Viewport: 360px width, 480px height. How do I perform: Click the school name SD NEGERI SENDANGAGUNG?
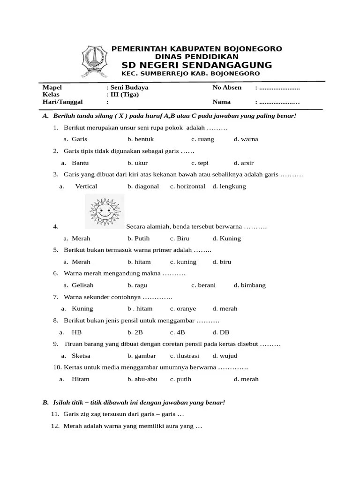click(196, 65)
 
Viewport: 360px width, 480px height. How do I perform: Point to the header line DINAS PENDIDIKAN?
click(196, 56)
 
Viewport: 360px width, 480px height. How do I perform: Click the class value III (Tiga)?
click(124, 94)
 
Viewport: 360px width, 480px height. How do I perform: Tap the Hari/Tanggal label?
click(62, 101)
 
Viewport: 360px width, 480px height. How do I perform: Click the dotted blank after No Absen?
click(279, 88)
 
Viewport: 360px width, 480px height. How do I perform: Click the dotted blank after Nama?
click(279, 101)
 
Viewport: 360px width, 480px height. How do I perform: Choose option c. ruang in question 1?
click(202, 139)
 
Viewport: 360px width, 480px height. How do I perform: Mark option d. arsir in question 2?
click(244, 163)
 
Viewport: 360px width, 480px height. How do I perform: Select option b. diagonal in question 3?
click(143, 187)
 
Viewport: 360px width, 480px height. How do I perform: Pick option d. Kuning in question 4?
click(226, 239)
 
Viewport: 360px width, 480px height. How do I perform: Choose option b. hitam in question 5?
click(139, 262)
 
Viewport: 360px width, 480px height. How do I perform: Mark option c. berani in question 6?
click(203, 285)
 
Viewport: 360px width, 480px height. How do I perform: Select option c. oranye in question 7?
click(183, 309)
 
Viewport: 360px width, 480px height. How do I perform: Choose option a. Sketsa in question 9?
click(79, 356)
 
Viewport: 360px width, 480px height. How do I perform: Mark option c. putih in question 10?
click(180, 379)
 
